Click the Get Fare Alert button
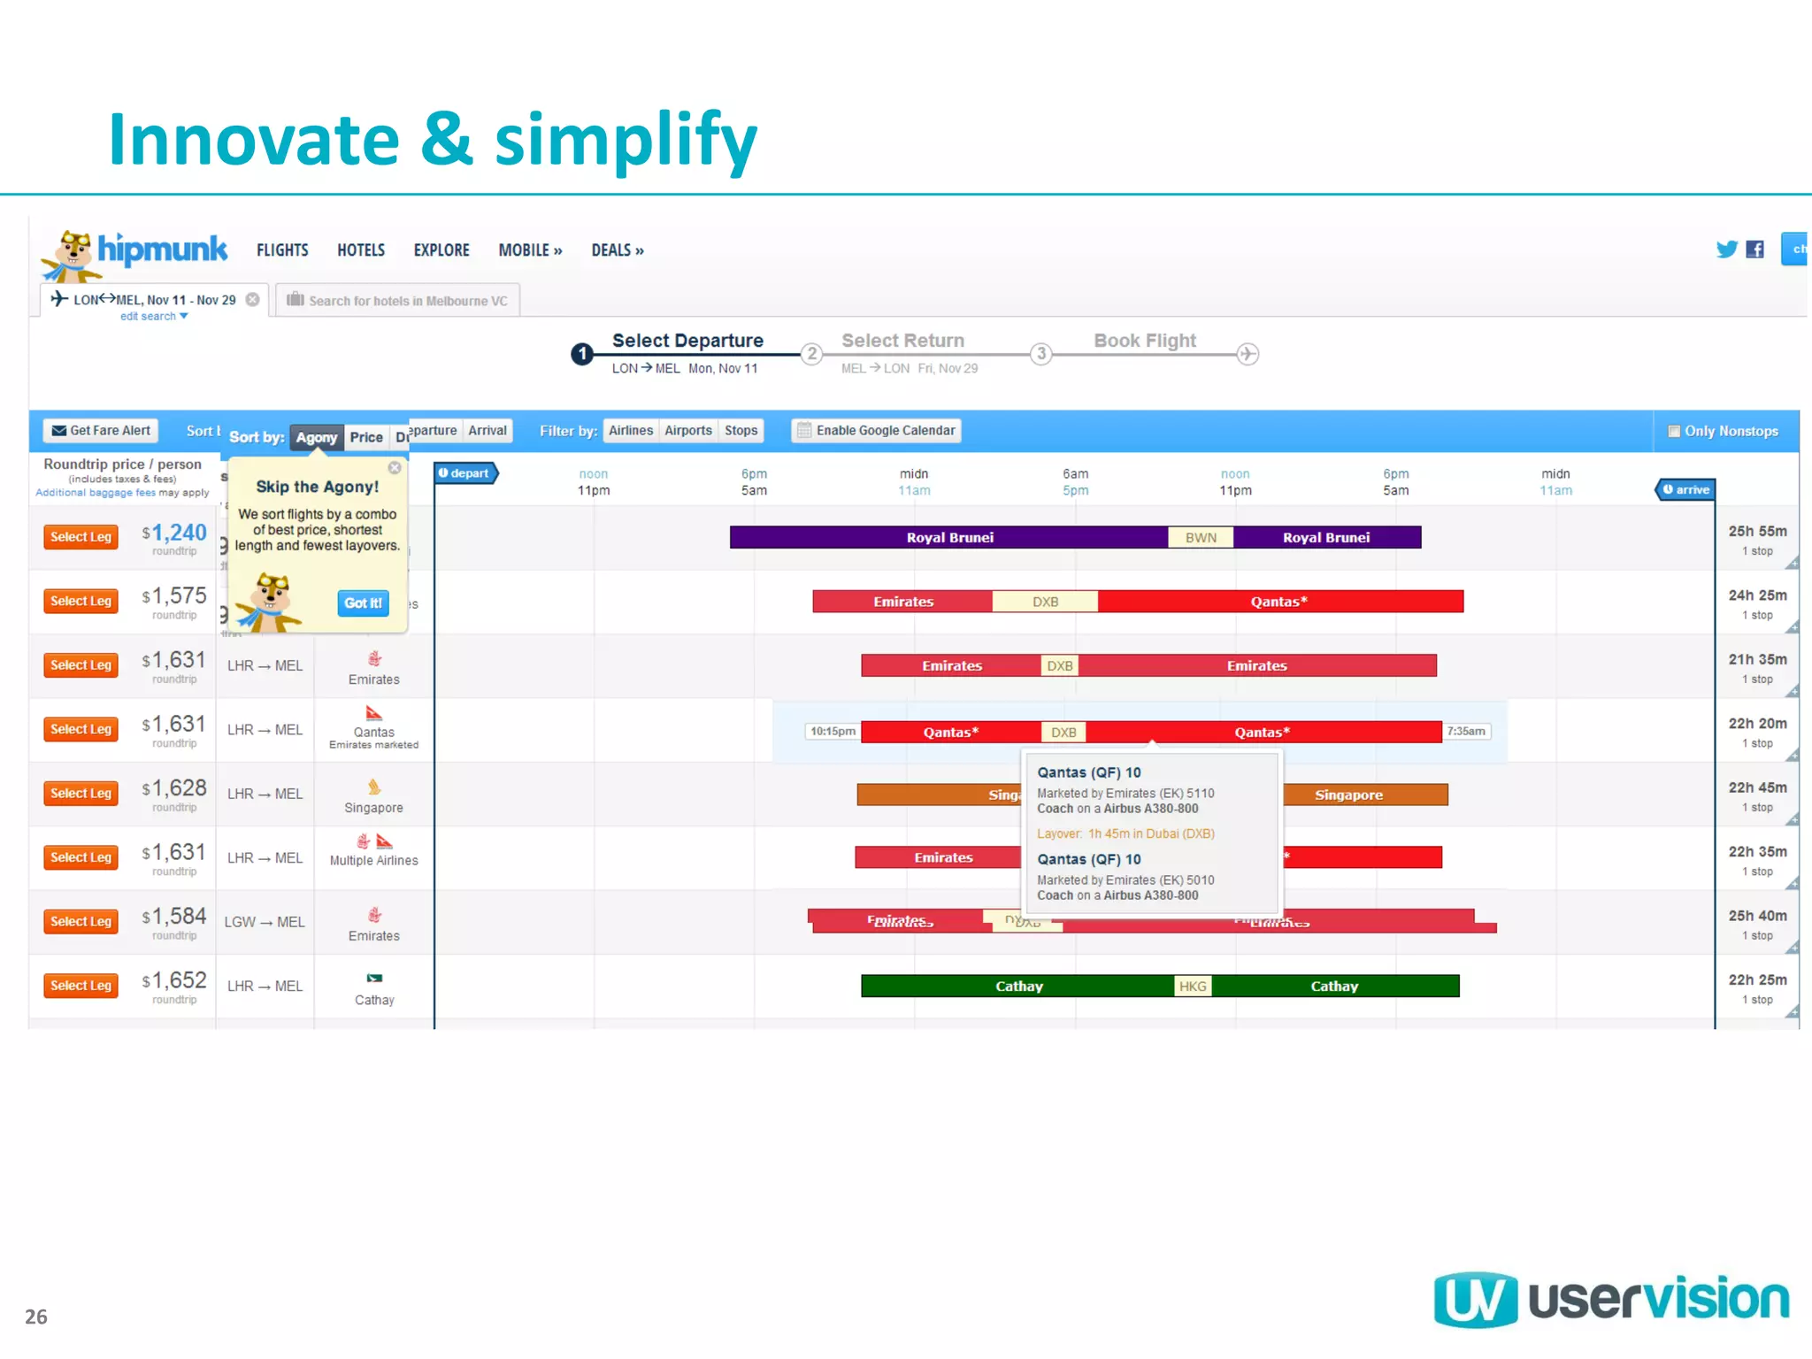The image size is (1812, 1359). point(101,431)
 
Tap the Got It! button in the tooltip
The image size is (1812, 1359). point(363,603)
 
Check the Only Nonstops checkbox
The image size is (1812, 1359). point(1674,432)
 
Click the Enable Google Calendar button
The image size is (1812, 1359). point(876,431)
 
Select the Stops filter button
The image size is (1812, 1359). point(741,431)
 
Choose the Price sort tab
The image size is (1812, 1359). point(365,437)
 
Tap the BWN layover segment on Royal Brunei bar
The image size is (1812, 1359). point(1201,538)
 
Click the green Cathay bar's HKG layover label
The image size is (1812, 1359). point(1192,987)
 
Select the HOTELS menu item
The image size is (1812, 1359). point(361,250)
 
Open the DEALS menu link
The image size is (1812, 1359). point(617,250)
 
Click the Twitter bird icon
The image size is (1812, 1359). point(1726,250)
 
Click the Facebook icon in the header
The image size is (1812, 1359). point(1754,250)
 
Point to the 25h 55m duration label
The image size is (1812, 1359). point(1757,532)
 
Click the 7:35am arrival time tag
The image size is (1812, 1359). point(1466,732)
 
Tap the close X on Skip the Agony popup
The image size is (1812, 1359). point(395,468)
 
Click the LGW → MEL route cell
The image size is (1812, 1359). point(265,922)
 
